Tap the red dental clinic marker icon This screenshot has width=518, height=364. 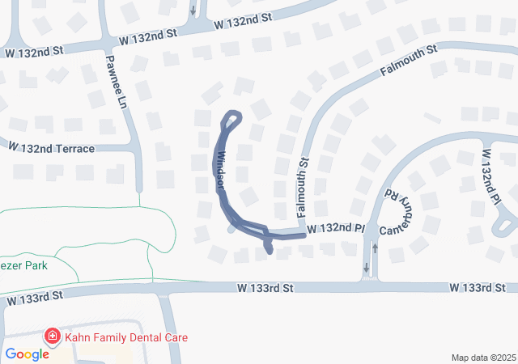pyautogui.click(x=52, y=336)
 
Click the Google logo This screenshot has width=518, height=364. pyautogui.click(x=27, y=354)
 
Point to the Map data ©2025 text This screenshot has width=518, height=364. pyautogui.click(x=483, y=358)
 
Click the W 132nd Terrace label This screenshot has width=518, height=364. pyautogui.click(x=51, y=149)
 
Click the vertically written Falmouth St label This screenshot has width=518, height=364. pyautogui.click(x=304, y=189)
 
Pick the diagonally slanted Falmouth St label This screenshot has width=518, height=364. pyautogui.click(x=408, y=61)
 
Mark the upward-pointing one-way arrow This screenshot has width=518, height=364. pyautogui.click(x=374, y=248)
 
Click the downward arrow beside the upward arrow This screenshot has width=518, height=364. pyautogui.click(x=366, y=267)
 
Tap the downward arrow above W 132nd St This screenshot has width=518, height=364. pyautogui.click(x=193, y=11)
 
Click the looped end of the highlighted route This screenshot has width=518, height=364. pyautogui.click(x=232, y=120)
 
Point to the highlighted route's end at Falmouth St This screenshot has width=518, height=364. pyautogui.click(x=304, y=235)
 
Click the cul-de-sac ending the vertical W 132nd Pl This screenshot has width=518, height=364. pyautogui.click(x=507, y=223)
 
